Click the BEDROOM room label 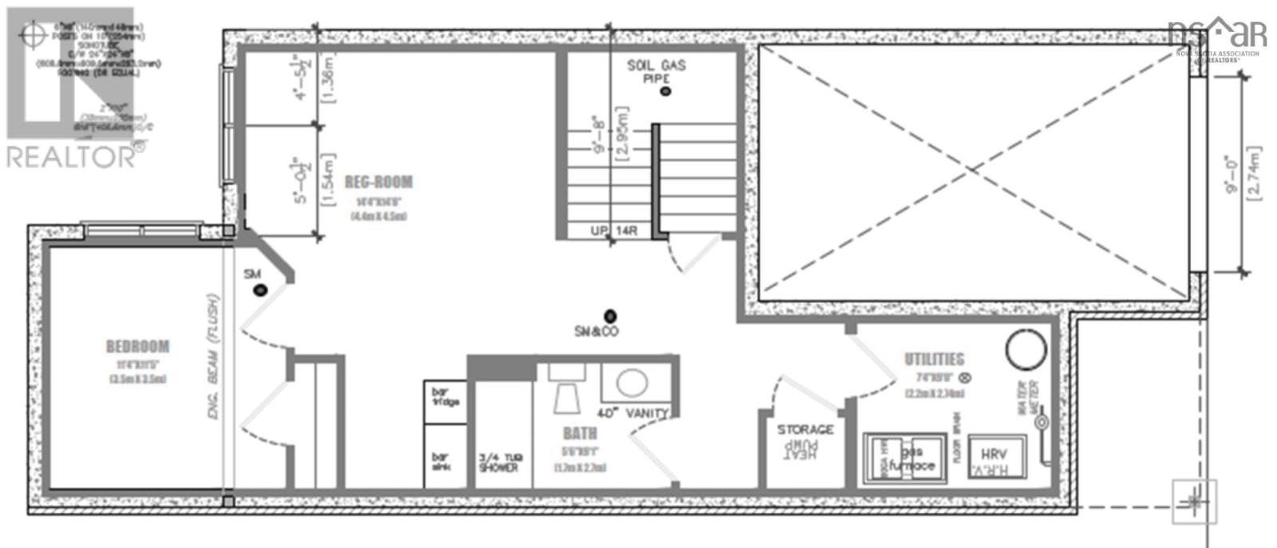137,346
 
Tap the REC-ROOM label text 378,183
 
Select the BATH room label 579,434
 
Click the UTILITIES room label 934,360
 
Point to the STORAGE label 805,430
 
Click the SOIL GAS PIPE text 656,71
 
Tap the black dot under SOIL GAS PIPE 666,92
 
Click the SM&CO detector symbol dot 611,314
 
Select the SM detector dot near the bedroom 260,290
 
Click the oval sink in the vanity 632,383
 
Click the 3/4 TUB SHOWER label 499,462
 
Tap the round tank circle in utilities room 1025,350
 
